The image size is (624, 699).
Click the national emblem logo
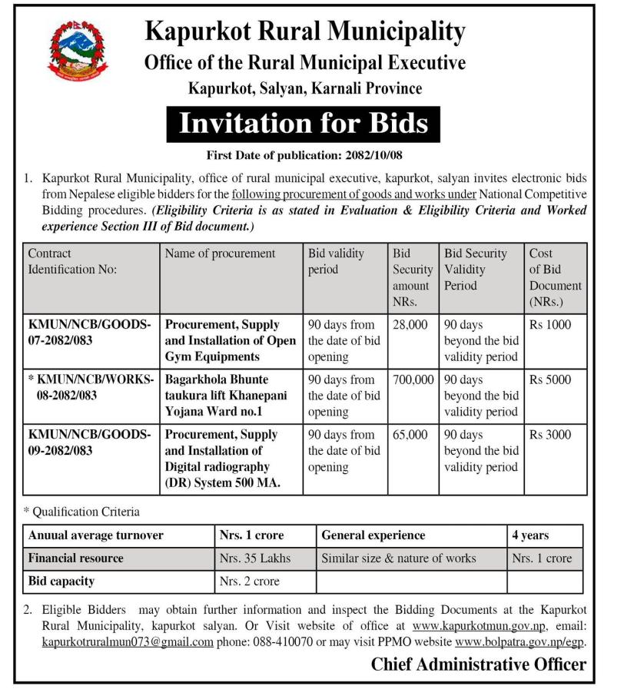tap(78, 51)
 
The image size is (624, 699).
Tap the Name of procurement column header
tap(220, 253)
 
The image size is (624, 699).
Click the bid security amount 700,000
tap(412, 379)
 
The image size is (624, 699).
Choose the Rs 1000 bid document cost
tap(551, 325)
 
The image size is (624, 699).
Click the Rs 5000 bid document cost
tap(551, 379)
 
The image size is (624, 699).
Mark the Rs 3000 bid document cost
tap(551, 435)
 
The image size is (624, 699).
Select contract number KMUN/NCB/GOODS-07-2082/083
tap(89, 332)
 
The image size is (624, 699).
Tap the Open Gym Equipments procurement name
tap(231, 340)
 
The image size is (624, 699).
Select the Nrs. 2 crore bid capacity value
tap(250, 581)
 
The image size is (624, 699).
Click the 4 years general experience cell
tap(530, 535)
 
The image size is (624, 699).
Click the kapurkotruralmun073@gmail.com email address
tap(128, 642)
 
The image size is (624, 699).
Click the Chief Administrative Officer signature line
tap(478, 664)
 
